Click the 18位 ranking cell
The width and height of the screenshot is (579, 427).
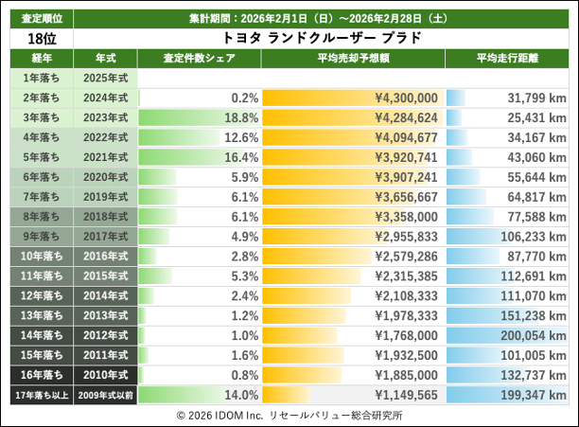(x=37, y=38)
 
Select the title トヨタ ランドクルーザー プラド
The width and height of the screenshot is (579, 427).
(x=321, y=38)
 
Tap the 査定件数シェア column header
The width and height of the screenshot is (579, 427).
(x=199, y=59)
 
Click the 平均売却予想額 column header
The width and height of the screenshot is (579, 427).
(x=352, y=59)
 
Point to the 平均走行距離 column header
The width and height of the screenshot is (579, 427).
(x=507, y=59)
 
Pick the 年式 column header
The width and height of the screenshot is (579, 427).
(x=105, y=59)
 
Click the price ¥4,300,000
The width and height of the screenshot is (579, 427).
(x=406, y=98)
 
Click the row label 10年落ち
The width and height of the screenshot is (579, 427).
(x=37, y=256)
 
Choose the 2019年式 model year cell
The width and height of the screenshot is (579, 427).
(x=105, y=197)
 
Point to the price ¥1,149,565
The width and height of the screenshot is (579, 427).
(x=406, y=395)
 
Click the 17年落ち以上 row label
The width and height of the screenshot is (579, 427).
(x=37, y=395)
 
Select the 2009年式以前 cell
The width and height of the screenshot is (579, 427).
(x=105, y=395)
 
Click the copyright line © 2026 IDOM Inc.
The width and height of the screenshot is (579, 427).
(x=288, y=415)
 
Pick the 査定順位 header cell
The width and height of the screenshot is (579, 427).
(x=37, y=18)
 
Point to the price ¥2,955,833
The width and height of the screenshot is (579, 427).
(x=406, y=236)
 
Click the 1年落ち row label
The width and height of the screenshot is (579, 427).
(x=37, y=78)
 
